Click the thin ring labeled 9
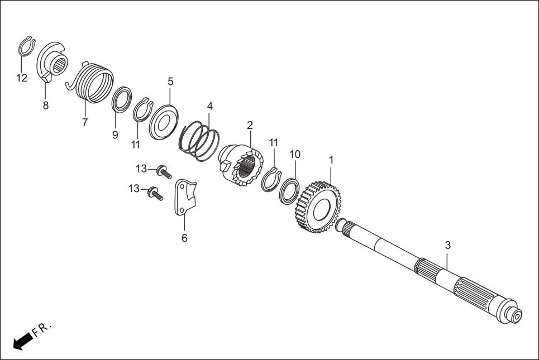click(121, 100)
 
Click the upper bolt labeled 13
click(163, 170)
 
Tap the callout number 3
click(447, 245)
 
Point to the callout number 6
click(184, 238)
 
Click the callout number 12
click(21, 78)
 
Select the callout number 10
click(295, 153)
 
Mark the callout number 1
click(331, 160)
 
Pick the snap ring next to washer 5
click(141, 109)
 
